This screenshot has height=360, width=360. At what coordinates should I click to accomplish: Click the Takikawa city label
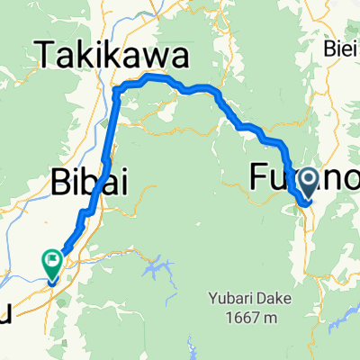[x=113, y=58]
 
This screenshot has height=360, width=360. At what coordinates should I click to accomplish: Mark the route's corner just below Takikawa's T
[x=117, y=89]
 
